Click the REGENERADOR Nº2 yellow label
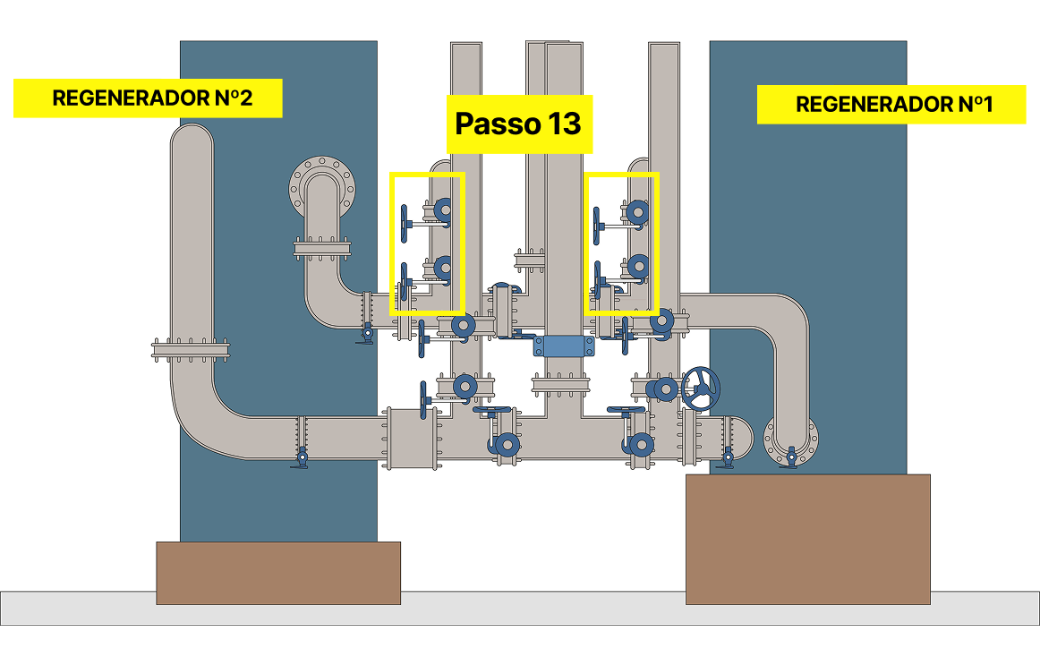148,98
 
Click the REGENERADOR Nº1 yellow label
891,105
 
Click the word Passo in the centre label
491,124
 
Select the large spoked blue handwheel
701,388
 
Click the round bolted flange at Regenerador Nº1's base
790,440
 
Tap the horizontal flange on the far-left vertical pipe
192,349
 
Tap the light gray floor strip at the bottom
519,608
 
